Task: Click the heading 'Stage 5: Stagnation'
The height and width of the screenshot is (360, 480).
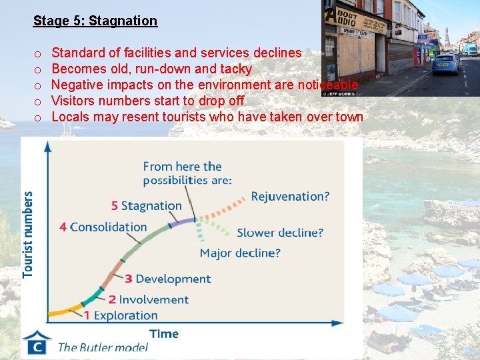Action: click(95, 21)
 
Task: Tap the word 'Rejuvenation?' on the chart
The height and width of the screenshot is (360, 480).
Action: click(290, 197)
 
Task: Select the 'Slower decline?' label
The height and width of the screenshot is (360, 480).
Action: click(280, 233)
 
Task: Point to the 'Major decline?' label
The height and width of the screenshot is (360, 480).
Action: click(240, 253)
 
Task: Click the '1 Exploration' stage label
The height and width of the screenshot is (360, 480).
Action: click(121, 315)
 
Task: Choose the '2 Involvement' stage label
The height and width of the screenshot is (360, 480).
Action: click(148, 300)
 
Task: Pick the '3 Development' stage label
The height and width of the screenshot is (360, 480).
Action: click(167, 279)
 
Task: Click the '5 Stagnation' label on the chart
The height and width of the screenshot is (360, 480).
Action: click(146, 206)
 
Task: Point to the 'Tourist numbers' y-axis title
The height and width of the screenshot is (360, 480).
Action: click(28, 235)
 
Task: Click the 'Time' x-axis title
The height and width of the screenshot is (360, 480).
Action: click(163, 333)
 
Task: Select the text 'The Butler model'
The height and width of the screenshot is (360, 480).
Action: click(103, 347)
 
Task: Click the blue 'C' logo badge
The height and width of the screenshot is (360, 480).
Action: click(37, 345)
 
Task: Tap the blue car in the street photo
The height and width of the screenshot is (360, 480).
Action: click(445, 64)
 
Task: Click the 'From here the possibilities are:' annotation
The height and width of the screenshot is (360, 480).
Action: click(187, 173)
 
